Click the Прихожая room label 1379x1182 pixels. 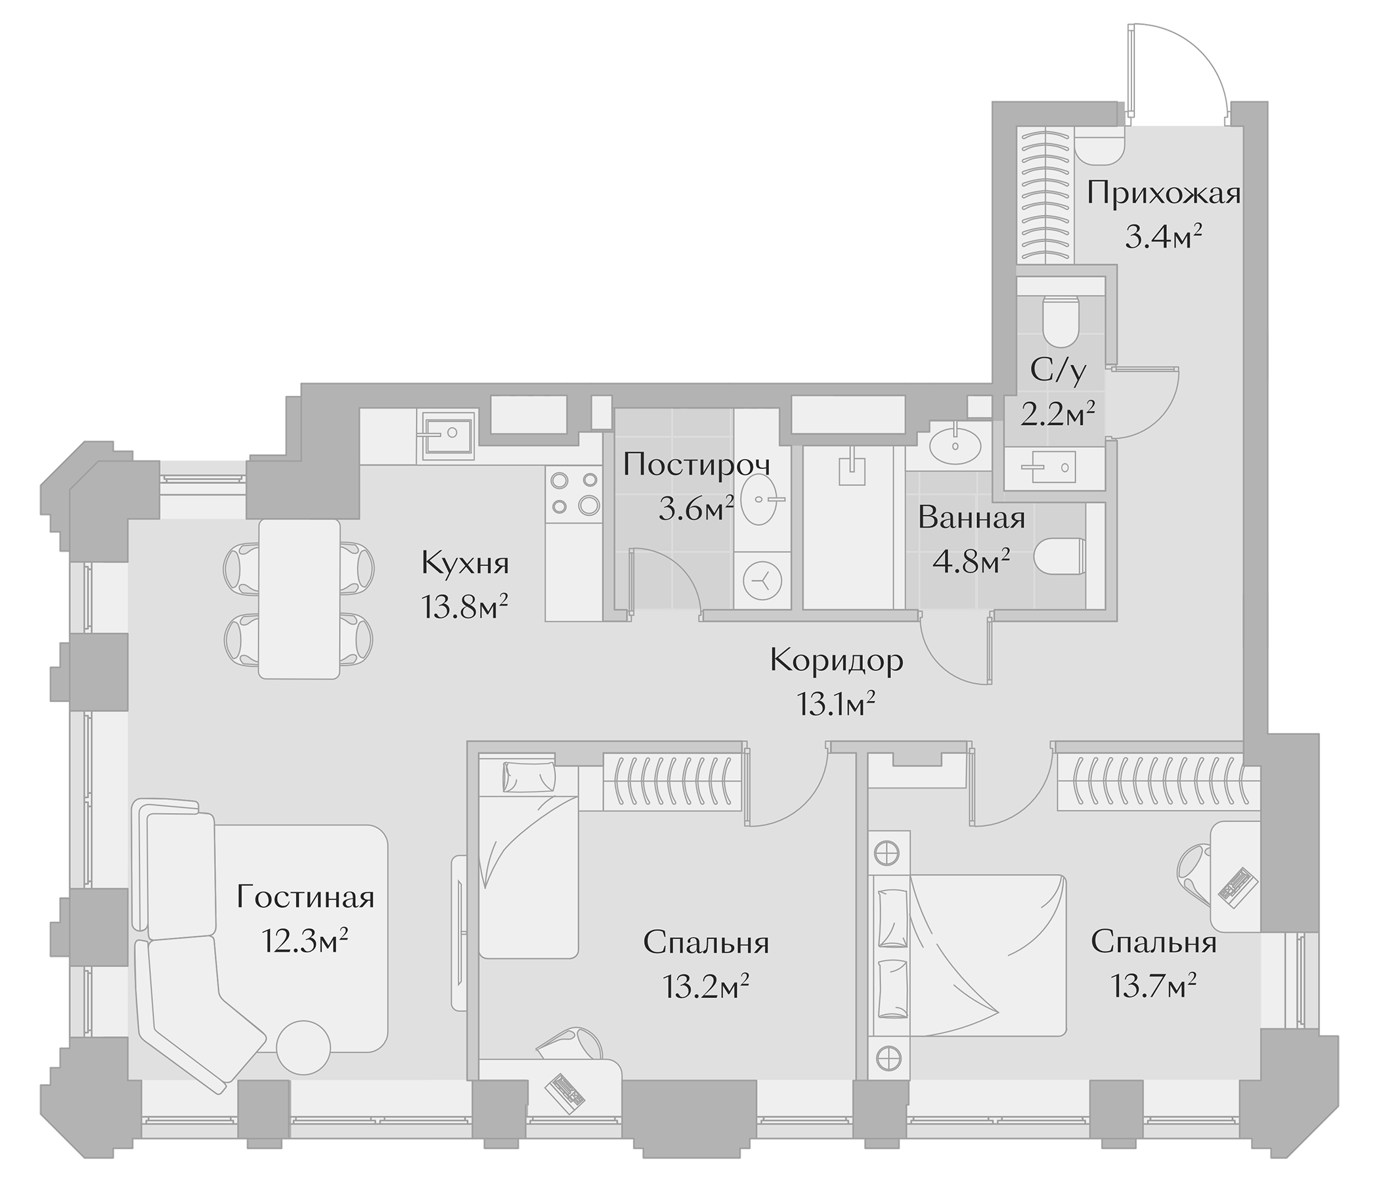1164,195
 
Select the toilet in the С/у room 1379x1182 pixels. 1061,321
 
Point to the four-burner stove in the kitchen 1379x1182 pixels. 574,493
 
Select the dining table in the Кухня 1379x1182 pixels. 299,599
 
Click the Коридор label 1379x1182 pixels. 837,661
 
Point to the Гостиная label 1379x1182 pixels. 305,898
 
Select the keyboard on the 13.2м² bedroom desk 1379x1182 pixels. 564,1092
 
